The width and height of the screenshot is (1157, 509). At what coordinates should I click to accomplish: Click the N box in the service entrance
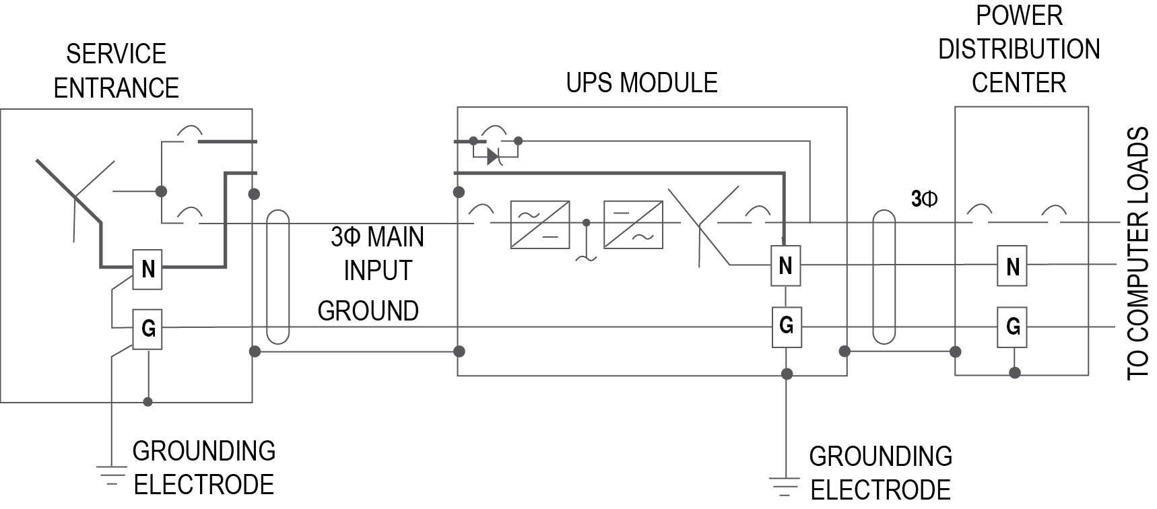tap(147, 269)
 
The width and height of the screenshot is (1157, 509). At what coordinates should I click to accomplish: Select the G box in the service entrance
tap(147, 329)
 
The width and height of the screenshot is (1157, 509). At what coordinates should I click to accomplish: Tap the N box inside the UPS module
tap(785, 266)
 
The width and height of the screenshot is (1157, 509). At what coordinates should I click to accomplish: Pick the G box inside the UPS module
tap(785, 327)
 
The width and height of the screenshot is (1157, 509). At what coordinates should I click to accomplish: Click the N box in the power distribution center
tap(1012, 267)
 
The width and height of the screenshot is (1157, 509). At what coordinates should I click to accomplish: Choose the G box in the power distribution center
tap(1012, 327)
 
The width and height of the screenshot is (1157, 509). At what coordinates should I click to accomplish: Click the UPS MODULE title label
tap(641, 83)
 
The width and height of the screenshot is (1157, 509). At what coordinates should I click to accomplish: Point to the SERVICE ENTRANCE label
tap(116, 71)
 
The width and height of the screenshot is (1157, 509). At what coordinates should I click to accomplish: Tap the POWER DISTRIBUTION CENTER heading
tap(1018, 49)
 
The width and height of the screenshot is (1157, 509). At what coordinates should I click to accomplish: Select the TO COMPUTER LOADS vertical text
tap(1137, 254)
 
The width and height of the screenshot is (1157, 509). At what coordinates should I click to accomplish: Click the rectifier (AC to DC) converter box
tap(540, 224)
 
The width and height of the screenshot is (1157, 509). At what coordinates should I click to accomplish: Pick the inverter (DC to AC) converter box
tap(633, 224)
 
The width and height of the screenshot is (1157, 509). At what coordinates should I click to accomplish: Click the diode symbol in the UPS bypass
tap(492, 157)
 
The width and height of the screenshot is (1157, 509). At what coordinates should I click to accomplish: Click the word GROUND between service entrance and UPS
tap(368, 311)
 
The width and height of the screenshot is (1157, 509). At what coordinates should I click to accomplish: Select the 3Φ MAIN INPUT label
tap(377, 254)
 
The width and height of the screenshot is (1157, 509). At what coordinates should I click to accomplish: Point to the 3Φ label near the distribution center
tap(923, 199)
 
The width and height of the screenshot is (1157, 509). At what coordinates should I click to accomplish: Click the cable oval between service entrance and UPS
tap(278, 277)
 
